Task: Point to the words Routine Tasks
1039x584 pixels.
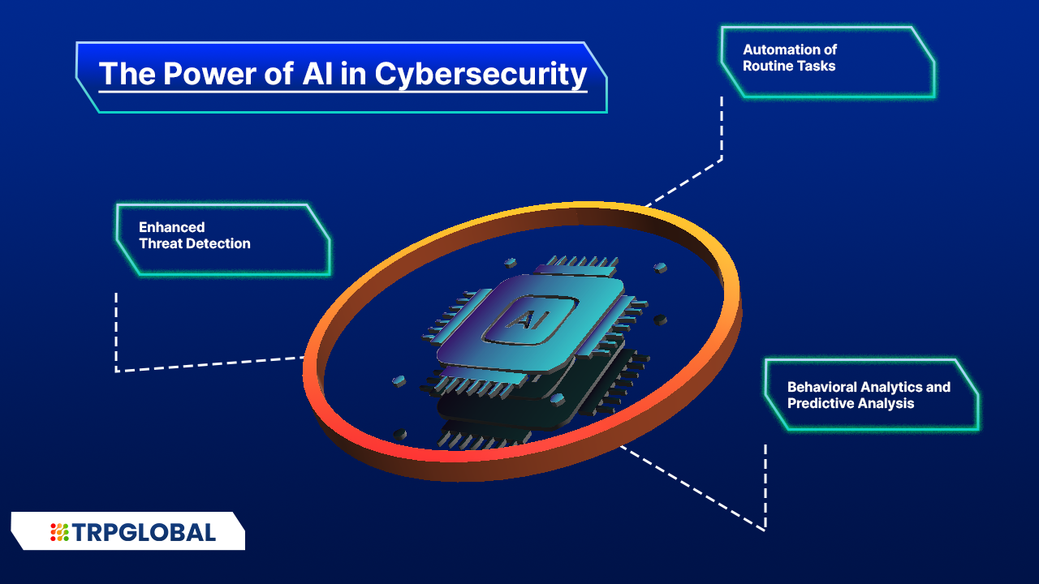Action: click(x=789, y=66)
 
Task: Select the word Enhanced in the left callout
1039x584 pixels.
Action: click(x=171, y=227)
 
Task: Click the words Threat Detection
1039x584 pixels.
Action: click(x=195, y=243)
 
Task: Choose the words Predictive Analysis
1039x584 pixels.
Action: click(x=851, y=403)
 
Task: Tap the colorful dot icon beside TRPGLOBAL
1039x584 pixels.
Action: click(x=59, y=532)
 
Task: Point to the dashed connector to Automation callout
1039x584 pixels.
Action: click(x=721, y=138)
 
